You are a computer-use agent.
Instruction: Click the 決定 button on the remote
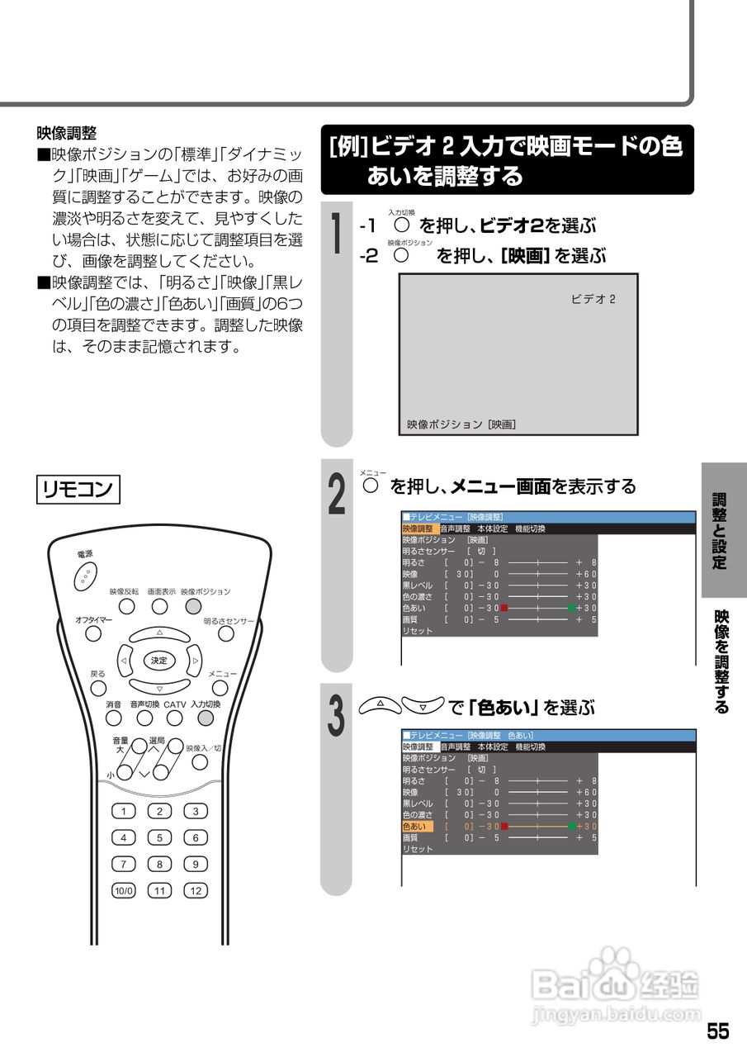pos(159,661)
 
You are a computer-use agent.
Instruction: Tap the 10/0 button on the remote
pos(123,891)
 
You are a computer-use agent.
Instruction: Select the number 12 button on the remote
pos(196,891)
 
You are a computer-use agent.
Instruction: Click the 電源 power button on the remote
pos(86,575)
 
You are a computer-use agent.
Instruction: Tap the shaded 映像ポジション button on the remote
pos(193,607)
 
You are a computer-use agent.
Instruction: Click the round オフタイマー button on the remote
pos(94,633)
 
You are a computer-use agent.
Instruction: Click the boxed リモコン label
pos(78,488)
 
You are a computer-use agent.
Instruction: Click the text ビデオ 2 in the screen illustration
pos(593,299)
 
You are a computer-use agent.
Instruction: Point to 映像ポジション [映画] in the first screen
pos(461,424)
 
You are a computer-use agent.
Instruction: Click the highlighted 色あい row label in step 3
pos(417,826)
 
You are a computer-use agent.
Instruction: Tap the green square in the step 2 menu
pos(572,608)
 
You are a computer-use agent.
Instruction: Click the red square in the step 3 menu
pos(504,826)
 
